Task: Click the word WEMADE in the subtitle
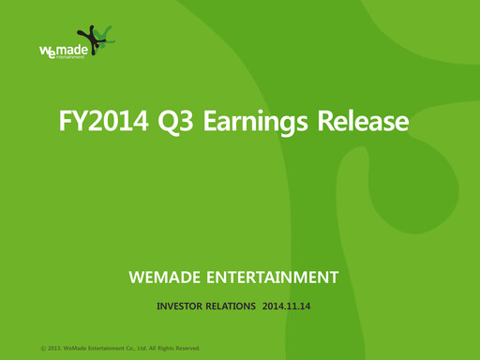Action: [x=171, y=277]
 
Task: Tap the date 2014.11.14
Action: [x=286, y=306]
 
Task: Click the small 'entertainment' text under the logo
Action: [x=69, y=57]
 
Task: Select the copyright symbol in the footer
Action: [x=42, y=349]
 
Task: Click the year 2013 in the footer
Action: [x=55, y=349]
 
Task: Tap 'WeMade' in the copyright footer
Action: [x=77, y=349]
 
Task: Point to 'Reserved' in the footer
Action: [x=184, y=349]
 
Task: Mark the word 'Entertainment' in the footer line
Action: [x=108, y=349]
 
